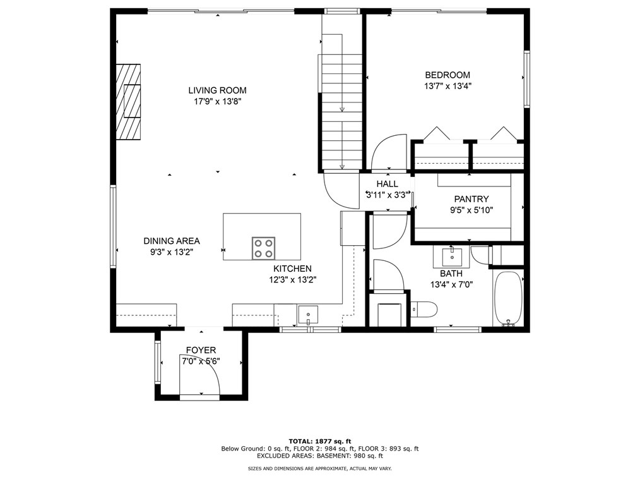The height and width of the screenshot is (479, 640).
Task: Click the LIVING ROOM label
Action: pyautogui.click(x=217, y=90)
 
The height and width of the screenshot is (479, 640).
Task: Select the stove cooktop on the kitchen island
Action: pyautogui.click(x=263, y=248)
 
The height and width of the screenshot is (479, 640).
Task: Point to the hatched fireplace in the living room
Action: pyautogui.click(x=128, y=101)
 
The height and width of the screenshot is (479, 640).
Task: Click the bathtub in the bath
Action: pyautogui.click(x=508, y=298)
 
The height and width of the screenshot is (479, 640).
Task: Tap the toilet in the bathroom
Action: pyautogui.click(x=424, y=309)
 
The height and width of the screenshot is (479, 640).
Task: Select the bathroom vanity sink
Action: pyautogui.click(x=452, y=257)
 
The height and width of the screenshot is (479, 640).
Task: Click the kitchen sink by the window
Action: pyautogui.click(x=308, y=313)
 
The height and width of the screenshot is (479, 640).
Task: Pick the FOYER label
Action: pyautogui.click(x=201, y=350)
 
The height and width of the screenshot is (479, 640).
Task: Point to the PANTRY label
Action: pyautogui.click(x=471, y=199)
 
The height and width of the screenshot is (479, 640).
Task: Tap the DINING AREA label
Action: pyautogui.click(x=171, y=241)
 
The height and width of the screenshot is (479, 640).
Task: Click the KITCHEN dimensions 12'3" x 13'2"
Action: pyautogui.click(x=293, y=279)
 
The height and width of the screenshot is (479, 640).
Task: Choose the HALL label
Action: pyautogui.click(x=387, y=184)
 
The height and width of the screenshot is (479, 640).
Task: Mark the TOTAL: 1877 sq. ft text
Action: pyautogui.click(x=319, y=441)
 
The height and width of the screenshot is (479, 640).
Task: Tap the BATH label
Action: pyautogui.click(x=451, y=274)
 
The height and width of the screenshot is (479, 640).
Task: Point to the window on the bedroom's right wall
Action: pyautogui.click(x=526, y=79)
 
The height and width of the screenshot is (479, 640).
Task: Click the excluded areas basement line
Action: pyautogui.click(x=319, y=455)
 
